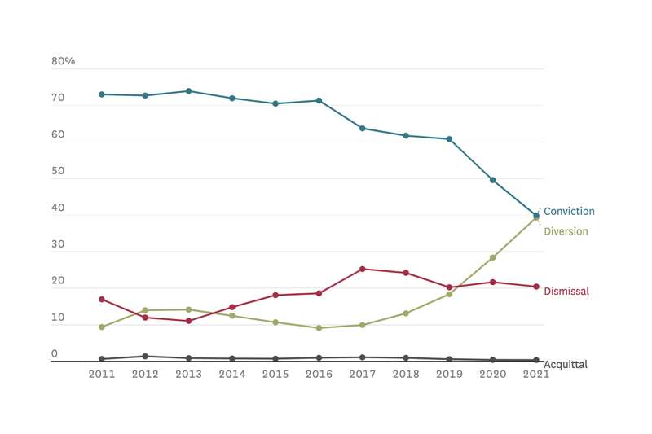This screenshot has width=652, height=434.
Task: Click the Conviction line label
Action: [x=569, y=212]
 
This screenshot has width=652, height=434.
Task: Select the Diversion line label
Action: [x=566, y=231]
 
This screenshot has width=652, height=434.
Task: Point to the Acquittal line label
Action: [x=565, y=365]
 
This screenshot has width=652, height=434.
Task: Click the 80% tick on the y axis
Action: [x=64, y=62]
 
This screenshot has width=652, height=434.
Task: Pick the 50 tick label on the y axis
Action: [x=58, y=172]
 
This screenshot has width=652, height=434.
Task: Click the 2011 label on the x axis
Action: [x=102, y=375]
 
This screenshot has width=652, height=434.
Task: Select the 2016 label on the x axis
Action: [x=319, y=375]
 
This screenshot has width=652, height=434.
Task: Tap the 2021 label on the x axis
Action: [x=536, y=375]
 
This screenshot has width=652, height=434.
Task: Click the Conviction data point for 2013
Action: [x=188, y=91]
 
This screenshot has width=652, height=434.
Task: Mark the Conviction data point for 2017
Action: [x=363, y=129]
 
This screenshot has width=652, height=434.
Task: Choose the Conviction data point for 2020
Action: [x=493, y=180]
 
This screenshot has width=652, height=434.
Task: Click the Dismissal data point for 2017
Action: [x=363, y=269]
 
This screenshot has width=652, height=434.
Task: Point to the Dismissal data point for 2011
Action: [x=102, y=300]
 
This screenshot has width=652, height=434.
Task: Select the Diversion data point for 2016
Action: [x=319, y=328]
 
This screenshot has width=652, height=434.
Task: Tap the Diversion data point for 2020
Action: [x=493, y=257]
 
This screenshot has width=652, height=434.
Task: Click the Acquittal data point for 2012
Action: [x=145, y=356]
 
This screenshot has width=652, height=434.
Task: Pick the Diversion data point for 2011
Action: [x=102, y=327]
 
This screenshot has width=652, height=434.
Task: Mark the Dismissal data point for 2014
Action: [x=232, y=307]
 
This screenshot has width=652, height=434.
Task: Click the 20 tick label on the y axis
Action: [x=58, y=282]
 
